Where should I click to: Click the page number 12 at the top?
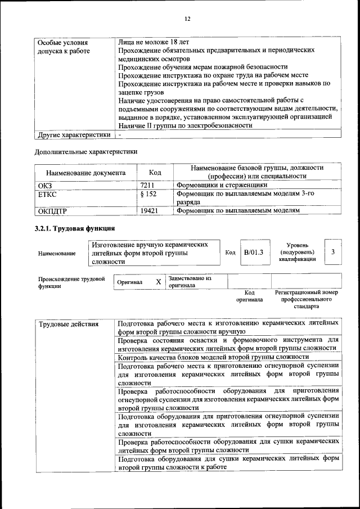(188, 19)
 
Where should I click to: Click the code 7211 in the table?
(147, 184)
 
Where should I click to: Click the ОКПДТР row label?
(52, 211)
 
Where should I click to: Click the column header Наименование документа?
(85, 173)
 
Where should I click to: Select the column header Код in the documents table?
(155, 173)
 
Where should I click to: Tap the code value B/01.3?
(253, 253)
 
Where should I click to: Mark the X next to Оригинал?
(159, 281)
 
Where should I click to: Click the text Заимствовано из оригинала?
(190, 282)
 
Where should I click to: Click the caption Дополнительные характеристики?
(86, 151)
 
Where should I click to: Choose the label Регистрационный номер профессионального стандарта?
(306, 300)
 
